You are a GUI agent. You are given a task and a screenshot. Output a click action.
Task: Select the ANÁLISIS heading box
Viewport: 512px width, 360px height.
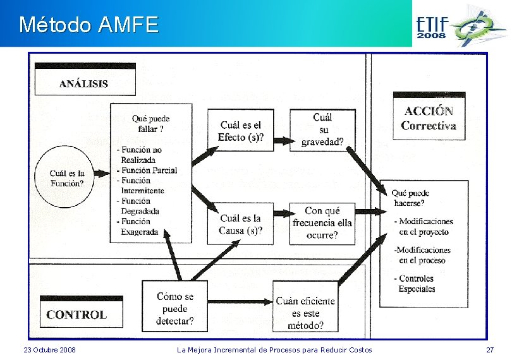[84, 83]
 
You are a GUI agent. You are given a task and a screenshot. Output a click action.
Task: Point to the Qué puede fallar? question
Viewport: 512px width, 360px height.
[150, 123]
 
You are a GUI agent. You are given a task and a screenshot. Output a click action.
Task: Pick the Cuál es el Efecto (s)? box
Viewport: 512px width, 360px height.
[240, 131]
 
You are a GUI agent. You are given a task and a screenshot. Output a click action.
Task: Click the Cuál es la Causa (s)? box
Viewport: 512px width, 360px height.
[240, 224]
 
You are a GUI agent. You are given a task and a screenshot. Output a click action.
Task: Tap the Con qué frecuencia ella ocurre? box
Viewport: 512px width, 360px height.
[322, 223]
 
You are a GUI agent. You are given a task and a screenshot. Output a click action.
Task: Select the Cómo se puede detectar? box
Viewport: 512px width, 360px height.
[175, 309]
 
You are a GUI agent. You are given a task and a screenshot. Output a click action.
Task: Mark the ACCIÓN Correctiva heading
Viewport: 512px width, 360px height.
[429, 118]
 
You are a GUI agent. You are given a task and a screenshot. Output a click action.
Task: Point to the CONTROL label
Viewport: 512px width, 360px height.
[76, 315]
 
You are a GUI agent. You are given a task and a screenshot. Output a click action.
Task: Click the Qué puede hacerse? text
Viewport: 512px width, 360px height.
[411, 198]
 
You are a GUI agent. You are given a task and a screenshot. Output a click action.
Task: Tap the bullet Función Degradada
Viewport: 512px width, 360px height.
[140, 206]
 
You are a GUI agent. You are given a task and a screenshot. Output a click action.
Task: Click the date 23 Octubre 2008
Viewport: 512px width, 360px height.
[49, 350]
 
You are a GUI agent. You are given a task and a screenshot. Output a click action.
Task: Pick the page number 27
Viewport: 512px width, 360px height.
[489, 350]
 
